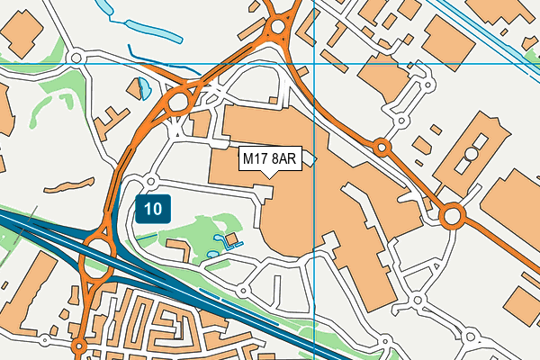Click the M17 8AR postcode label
[x=270, y=159]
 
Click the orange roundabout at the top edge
[x=277, y=27]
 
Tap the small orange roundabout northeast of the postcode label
[x=382, y=147]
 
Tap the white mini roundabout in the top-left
[x=76, y=58]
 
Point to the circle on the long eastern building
[x=470, y=154]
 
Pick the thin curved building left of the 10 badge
[x=68, y=187]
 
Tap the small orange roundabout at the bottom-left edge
[x=80, y=346]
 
